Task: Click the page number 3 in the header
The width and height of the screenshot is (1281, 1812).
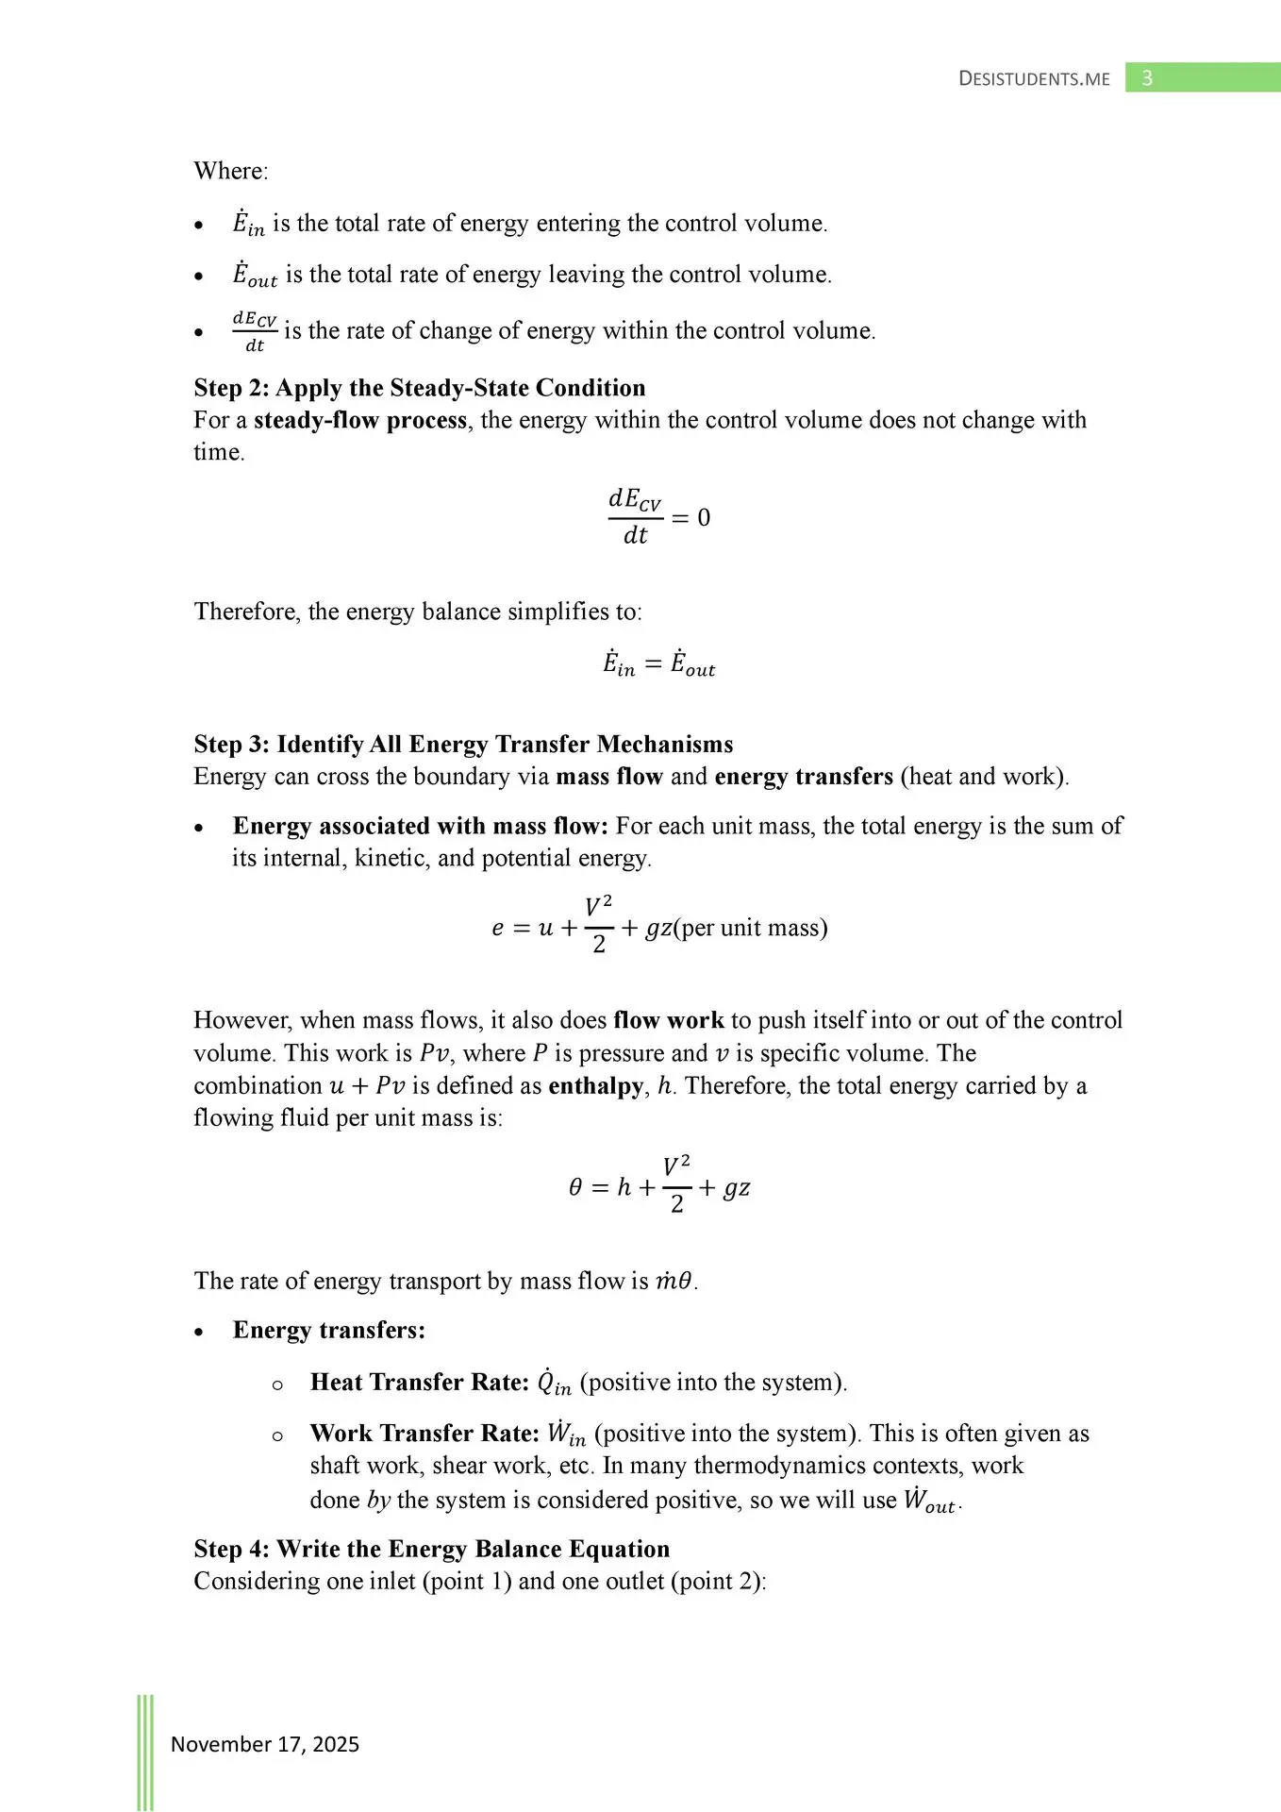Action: tap(1147, 78)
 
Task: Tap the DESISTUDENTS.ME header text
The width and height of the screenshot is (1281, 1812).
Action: tap(1034, 79)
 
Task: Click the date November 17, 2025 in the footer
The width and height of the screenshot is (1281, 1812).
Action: tap(265, 1744)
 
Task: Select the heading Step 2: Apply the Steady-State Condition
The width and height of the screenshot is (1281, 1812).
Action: tap(420, 388)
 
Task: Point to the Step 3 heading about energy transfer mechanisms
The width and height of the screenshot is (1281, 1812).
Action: tap(463, 745)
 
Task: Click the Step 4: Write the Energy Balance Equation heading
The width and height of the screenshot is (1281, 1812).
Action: tap(432, 1549)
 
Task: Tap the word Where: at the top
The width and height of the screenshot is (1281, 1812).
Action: tap(231, 171)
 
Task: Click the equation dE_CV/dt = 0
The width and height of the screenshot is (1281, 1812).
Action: tap(658, 517)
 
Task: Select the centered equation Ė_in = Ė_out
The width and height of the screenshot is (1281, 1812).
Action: tap(658, 664)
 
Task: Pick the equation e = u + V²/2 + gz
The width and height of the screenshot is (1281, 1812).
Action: tap(658, 928)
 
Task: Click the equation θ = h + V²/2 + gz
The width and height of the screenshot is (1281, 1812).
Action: tap(658, 1187)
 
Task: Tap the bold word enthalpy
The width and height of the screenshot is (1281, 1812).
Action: tap(596, 1085)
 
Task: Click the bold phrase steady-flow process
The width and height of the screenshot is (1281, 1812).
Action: tap(360, 420)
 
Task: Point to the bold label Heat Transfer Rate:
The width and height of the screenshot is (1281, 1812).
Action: tap(420, 1383)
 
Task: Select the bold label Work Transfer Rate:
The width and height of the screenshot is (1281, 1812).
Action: tap(424, 1434)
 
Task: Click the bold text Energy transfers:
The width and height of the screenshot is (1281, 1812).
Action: tap(329, 1331)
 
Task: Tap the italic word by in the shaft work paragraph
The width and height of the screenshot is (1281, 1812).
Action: tap(378, 1500)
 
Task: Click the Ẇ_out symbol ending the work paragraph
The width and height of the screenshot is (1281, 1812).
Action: tap(930, 1501)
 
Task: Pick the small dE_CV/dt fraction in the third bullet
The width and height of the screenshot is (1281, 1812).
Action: tap(255, 331)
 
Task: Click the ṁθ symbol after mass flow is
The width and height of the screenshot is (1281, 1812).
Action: tap(674, 1282)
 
